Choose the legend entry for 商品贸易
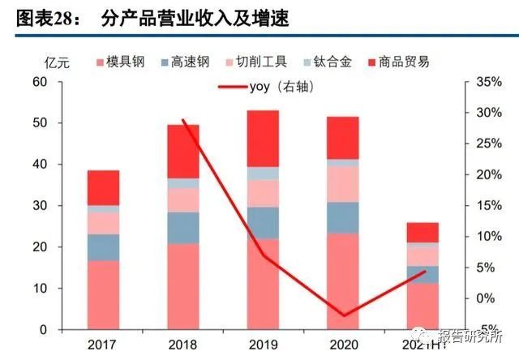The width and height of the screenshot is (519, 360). click(398, 62)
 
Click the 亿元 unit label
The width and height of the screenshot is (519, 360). click(57, 62)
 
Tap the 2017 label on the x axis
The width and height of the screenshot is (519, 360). click(103, 344)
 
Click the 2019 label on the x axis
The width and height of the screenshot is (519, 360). click(264, 344)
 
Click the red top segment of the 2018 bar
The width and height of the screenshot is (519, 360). click(183, 151)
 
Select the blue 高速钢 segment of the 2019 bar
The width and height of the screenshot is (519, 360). click(264, 223)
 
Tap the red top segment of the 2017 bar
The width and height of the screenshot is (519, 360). click(103, 187)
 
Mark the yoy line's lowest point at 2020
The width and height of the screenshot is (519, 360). click(343, 315)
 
